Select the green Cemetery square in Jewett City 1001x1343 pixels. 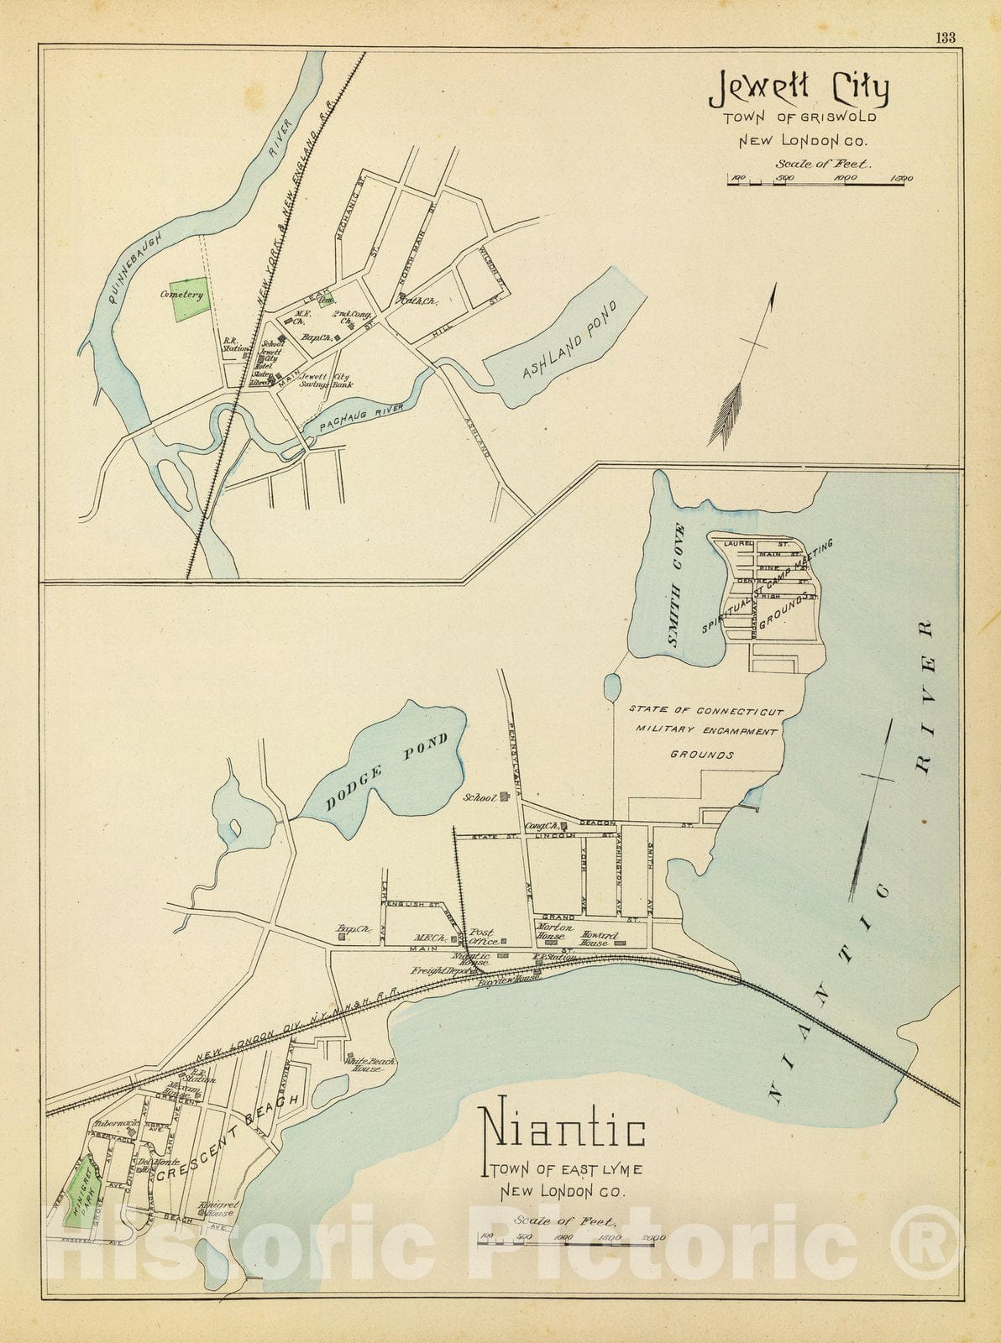click(x=191, y=299)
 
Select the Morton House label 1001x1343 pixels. click(x=555, y=932)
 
